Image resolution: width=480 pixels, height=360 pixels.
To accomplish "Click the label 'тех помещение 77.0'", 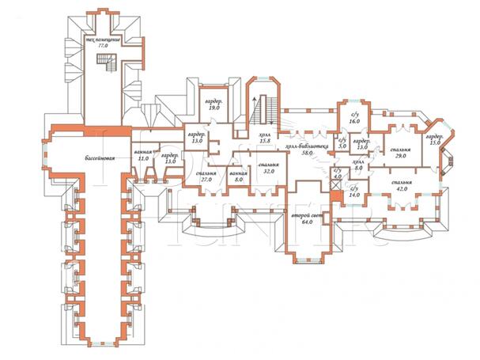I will pos(102,43).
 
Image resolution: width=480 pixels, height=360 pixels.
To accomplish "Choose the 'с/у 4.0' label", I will pos(337,174).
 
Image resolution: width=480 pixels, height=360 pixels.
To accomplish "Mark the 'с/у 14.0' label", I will pos(354,191).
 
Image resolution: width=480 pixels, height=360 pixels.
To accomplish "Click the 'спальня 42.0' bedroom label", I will pos(406,185).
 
